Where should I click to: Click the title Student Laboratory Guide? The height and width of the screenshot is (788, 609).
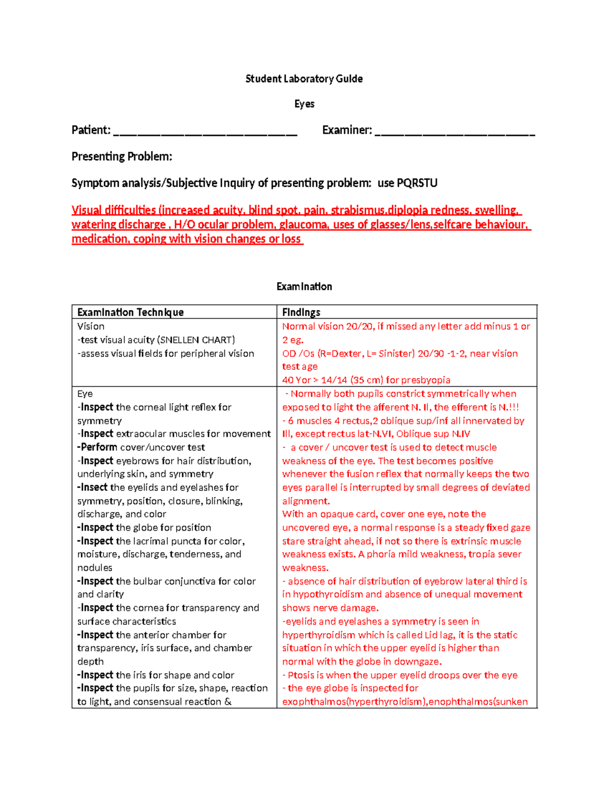304,79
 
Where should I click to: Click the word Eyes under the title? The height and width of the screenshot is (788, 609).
304,104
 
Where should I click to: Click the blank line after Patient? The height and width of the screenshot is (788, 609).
205,133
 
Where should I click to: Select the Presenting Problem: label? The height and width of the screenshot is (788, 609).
122,156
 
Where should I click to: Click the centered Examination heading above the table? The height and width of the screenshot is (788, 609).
304,287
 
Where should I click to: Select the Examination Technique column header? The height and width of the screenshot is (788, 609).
130,312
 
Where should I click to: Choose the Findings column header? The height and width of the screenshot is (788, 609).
301,312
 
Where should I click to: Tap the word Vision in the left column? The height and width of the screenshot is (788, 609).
91,326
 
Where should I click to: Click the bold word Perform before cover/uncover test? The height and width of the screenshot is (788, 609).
98,447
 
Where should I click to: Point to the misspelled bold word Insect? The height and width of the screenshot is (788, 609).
94,487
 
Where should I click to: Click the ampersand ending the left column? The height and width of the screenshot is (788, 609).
228,702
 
